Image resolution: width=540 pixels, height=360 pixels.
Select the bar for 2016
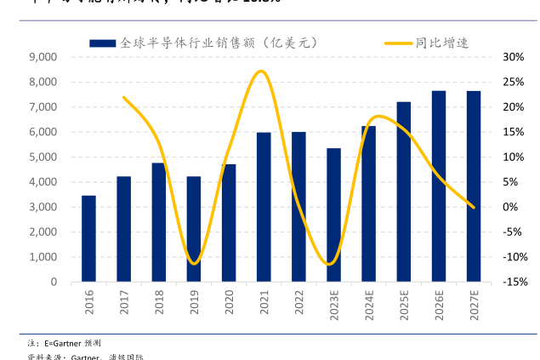[88, 238]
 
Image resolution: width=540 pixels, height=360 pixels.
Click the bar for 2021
[264, 207]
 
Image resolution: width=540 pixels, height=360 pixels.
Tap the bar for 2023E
[333, 214]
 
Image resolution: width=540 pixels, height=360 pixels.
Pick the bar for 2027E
[474, 186]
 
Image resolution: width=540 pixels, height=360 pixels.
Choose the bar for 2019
[194, 229]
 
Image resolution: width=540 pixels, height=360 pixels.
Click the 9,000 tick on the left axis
[43, 57]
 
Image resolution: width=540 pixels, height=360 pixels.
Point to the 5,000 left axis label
[43, 157]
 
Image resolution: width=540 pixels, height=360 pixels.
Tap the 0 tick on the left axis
[53, 282]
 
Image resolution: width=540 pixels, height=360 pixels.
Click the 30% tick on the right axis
[512, 57]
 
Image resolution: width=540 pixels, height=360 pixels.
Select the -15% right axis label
[512, 282]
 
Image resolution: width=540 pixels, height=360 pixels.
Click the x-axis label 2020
[229, 302]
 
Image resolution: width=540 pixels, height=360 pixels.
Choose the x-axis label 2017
[124, 302]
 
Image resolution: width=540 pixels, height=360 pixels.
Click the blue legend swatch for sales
[104, 42]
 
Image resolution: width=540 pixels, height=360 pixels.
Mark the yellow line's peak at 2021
[261, 71]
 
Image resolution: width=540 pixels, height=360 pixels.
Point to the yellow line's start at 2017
[124, 97]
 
